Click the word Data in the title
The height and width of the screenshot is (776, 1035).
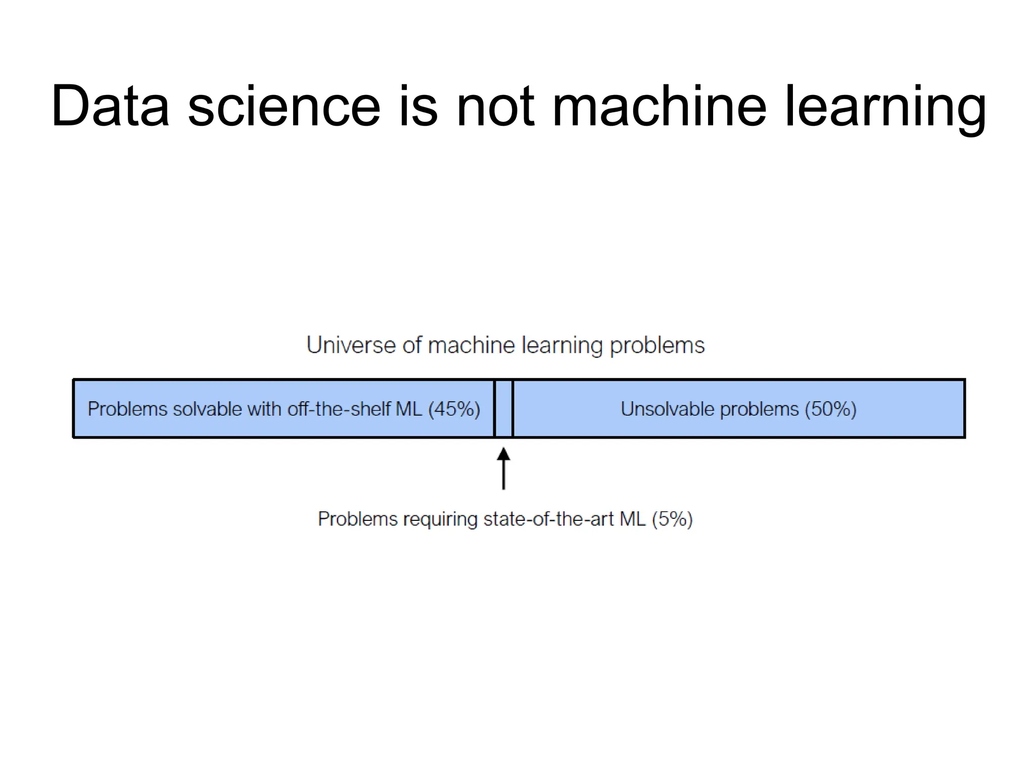point(110,107)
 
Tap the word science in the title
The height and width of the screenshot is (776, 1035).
point(284,107)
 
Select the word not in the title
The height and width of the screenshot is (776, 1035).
point(495,107)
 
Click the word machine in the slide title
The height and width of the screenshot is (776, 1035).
point(660,107)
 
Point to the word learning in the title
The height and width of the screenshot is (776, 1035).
point(884,109)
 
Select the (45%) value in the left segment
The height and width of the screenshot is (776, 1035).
point(454,409)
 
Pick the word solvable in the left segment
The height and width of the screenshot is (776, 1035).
point(208,409)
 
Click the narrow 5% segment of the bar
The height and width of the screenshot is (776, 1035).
point(503,408)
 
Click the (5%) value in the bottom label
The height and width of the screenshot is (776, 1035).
point(672,519)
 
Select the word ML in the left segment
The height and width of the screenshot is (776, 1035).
point(409,409)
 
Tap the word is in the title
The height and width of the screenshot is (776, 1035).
point(417,107)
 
